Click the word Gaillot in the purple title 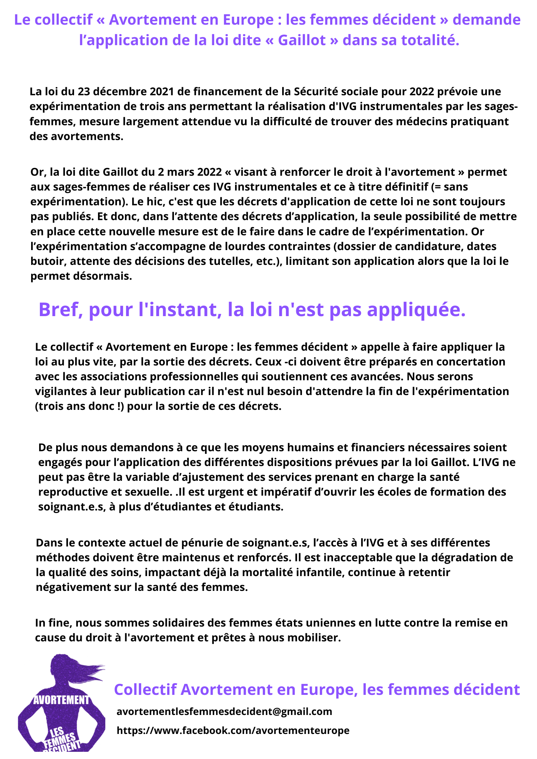tap(302, 40)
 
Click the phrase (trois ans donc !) tap(79, 406)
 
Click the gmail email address tap(224, 711)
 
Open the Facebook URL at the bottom tap(233, 730)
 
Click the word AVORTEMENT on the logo tap(62, 700)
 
